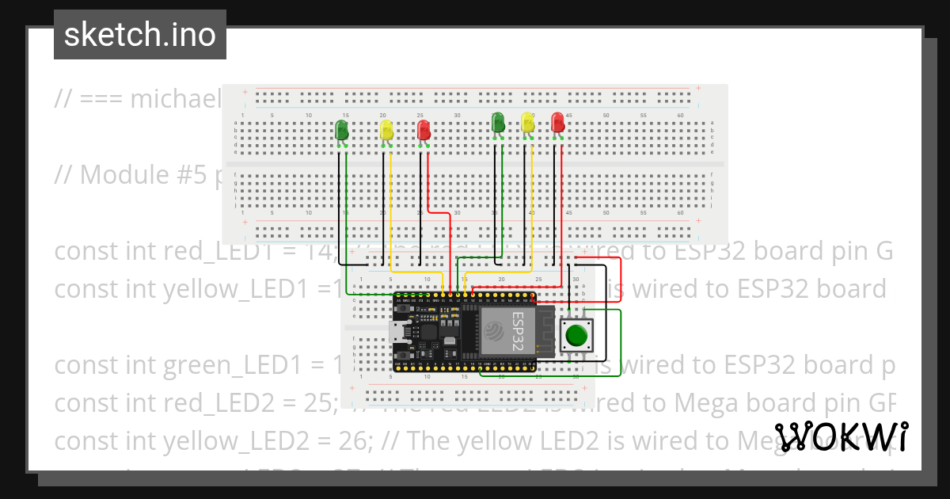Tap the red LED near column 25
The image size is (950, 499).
(424, 130)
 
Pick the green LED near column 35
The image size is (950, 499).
(498, 123)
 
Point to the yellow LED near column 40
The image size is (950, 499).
(528, 123)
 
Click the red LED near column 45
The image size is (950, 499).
(558, 123)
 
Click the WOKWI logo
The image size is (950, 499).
(841, 438)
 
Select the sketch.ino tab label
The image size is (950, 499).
(140, 35)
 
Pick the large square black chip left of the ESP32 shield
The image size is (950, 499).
(428, 331)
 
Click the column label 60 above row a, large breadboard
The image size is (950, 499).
(680, 116)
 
